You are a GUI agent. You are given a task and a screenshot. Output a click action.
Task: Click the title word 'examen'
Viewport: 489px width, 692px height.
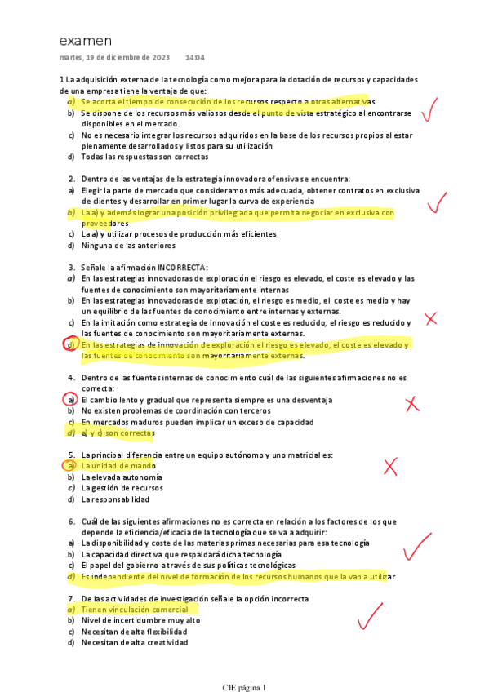coord(86,41)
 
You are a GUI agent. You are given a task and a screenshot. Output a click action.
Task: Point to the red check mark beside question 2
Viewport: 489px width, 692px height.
coord(438,200)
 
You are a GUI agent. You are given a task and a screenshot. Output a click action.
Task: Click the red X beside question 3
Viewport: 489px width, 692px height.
coord(430,319)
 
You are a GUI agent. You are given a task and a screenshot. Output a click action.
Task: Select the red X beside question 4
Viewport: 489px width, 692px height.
coord(412,402)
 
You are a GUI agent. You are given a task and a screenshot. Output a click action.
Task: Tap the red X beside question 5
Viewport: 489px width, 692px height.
coord(390,466)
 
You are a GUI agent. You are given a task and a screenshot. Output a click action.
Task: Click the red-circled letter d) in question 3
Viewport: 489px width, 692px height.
coord(71,345)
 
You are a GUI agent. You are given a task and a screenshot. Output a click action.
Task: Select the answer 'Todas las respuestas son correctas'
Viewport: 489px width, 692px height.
coord(140,157)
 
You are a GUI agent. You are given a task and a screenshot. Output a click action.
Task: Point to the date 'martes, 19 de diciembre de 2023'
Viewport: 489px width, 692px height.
coord(114,58)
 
